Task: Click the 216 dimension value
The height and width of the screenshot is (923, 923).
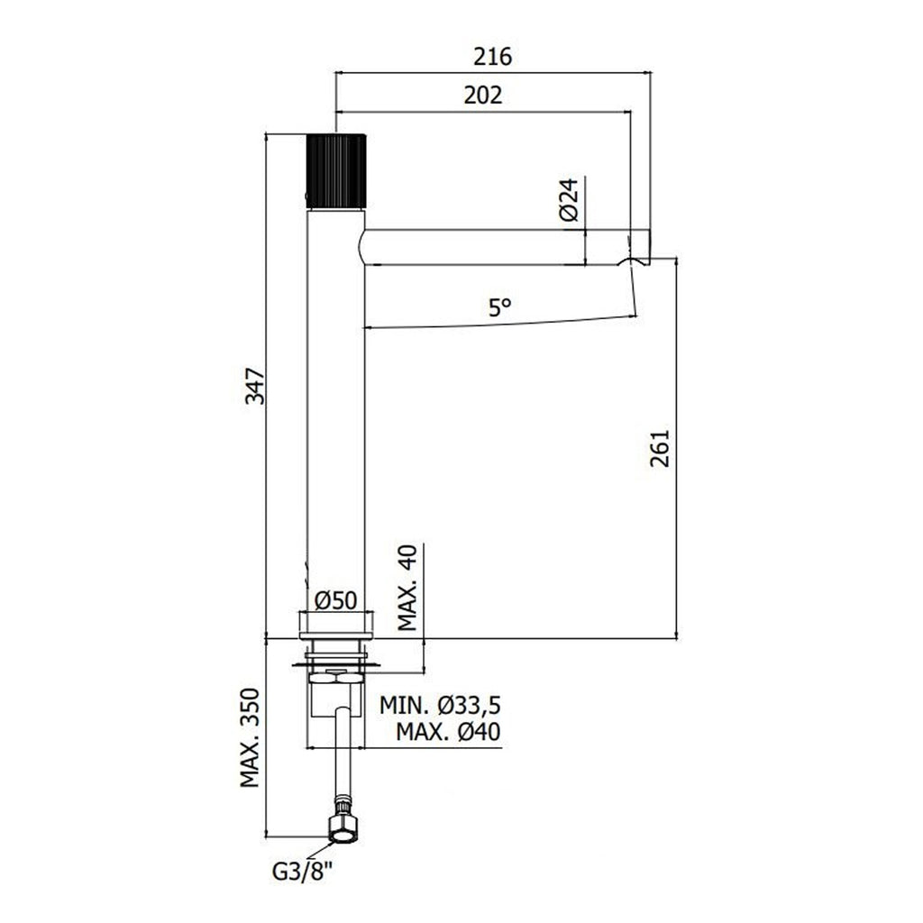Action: tap(493, 57)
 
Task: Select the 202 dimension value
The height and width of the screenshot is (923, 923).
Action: tap(483, 95)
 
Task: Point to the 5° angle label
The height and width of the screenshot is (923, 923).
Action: tap(500, 307)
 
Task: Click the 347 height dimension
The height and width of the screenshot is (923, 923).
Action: tap(255, 386)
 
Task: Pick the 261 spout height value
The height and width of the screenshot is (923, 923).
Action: tap(661, 448)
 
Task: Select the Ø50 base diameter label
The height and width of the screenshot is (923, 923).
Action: tap(336, 599)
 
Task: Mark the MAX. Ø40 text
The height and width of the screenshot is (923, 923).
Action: tap(448, 733)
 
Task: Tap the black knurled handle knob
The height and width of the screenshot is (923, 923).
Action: tap(336, 169)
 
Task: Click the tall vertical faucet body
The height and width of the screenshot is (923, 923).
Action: tap(335, 406)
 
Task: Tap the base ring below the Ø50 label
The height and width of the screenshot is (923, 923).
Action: tap(336, 625)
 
